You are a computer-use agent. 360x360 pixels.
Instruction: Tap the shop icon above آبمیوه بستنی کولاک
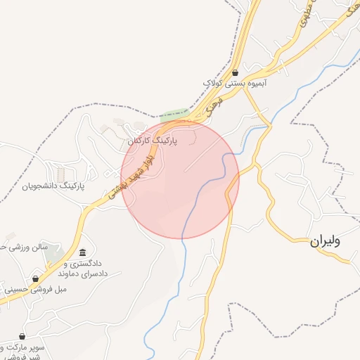pos(234,72)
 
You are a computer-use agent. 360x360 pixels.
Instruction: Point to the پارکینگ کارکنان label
pos(152,141)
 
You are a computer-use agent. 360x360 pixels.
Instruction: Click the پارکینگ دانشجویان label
pos(53,186)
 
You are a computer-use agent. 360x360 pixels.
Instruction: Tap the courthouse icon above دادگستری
pos(83,253)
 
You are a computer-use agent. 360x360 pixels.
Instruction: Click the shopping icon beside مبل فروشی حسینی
pos(36,279)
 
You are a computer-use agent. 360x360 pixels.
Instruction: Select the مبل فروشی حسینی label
pos(31,289)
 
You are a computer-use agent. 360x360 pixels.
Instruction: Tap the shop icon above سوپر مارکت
pos(22,337)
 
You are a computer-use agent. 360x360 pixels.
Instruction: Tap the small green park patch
pos(175,115)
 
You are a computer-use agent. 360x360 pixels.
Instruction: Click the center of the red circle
pos(180,179)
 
